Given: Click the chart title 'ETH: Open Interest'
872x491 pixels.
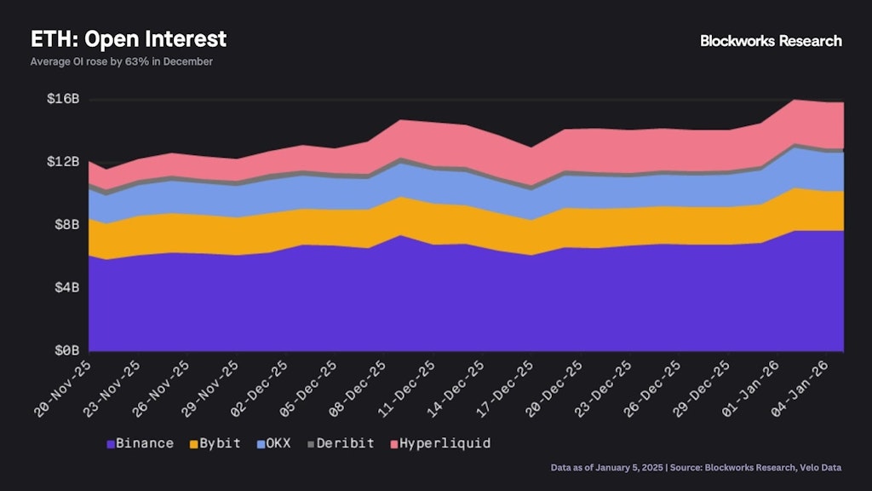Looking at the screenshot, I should click(129, 39).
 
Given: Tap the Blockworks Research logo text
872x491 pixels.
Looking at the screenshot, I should click(771, 41).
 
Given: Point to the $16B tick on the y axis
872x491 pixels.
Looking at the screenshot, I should click(62, 99).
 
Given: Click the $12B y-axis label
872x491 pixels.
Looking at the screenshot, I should click(62, 162).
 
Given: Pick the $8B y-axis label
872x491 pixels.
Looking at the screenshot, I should click(66, 225).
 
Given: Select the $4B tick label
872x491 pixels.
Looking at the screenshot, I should click(66, 288).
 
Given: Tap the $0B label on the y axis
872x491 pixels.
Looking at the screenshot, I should click(66, 350).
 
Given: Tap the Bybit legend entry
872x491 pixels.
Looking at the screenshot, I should click(215, 443).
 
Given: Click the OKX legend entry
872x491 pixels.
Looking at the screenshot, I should click(274, 443).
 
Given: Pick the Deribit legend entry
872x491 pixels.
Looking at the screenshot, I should click(341, 443).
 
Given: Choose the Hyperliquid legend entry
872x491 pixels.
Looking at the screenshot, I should click(439, 443).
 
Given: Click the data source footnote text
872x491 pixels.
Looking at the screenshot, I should click(697, 468).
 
